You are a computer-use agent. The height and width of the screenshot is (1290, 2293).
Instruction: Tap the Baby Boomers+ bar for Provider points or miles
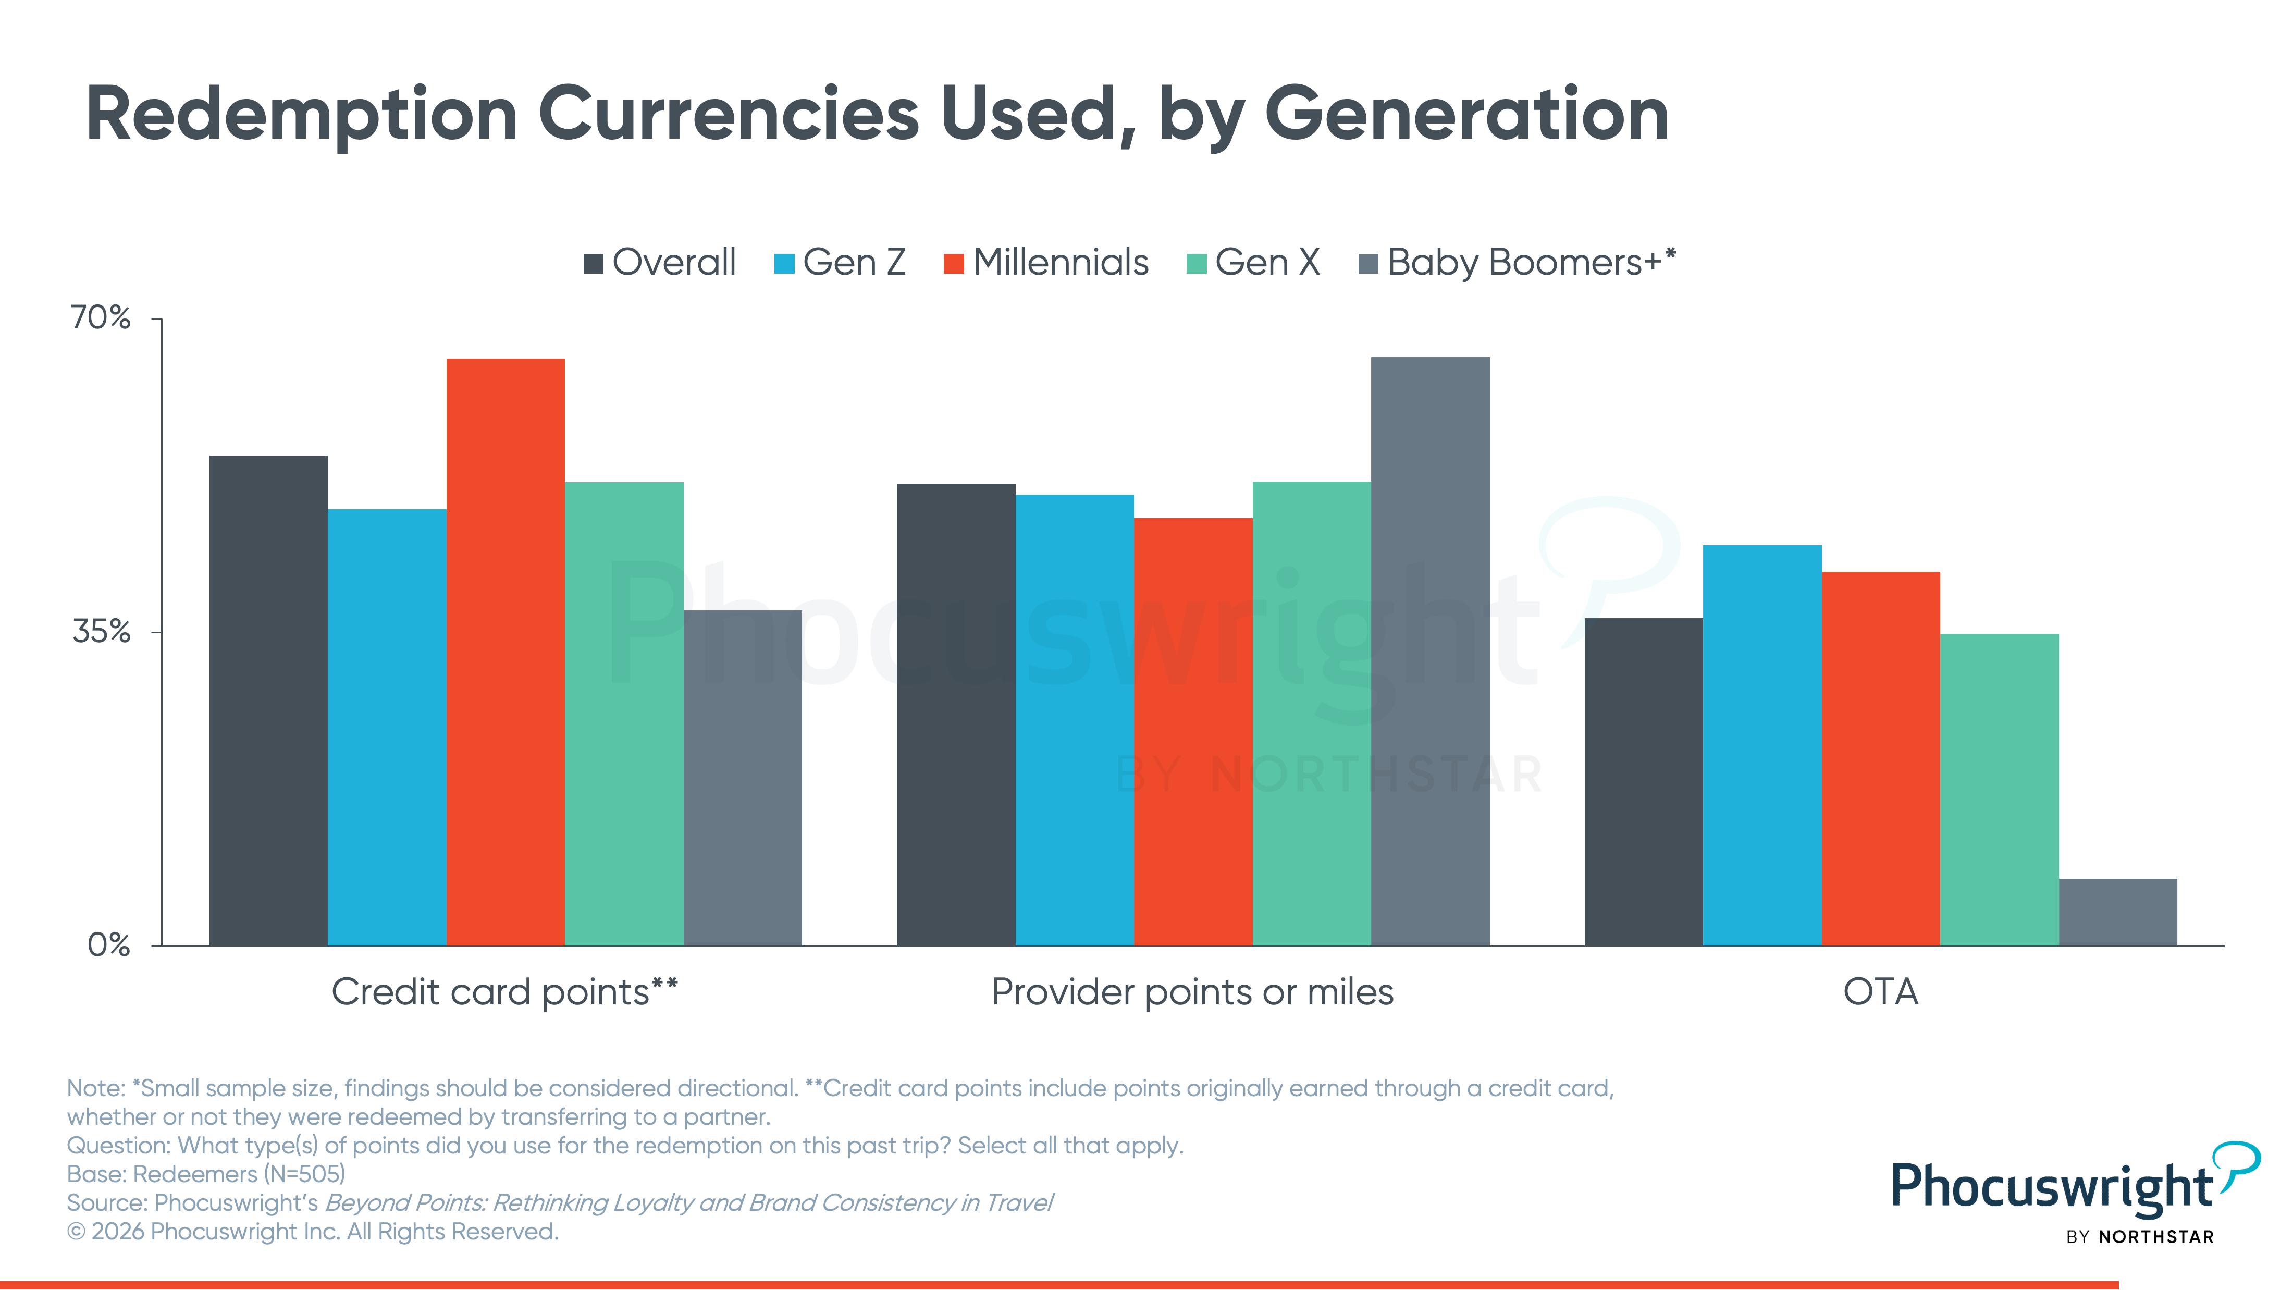click(1429, 651)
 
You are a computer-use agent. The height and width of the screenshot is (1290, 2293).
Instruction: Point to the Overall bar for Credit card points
click(268, 700)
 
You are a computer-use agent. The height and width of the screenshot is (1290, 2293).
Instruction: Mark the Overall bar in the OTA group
click(1643, 782)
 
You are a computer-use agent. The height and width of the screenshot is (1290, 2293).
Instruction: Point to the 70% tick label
click(101, 318)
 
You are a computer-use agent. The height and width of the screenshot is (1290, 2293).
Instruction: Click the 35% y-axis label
click(101, 632)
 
